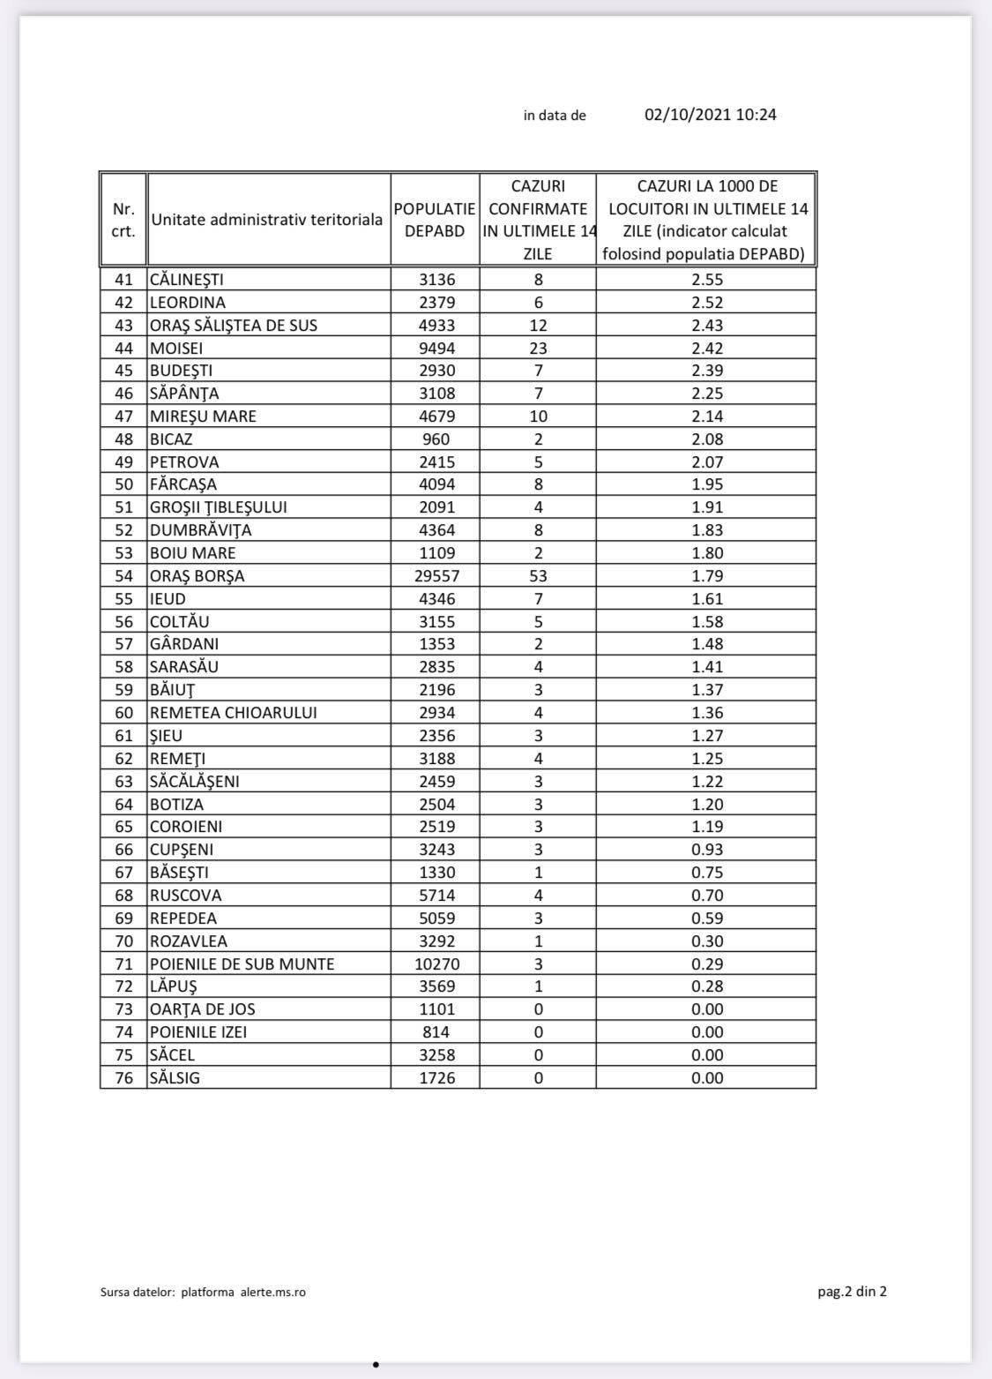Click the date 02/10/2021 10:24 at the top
710,115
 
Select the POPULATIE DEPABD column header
435,220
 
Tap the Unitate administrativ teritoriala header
267,220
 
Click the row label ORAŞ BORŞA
198,576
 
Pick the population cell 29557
436,576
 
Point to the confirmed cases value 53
538,576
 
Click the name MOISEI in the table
176,348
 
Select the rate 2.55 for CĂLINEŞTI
707,280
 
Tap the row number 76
123,1077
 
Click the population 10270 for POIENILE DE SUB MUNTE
436,963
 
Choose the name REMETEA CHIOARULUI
234,713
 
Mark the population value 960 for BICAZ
436,439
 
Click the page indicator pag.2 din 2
852,1292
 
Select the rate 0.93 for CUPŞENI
707,850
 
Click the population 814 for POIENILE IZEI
436,1032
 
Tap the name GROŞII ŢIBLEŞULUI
219,507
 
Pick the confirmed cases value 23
538,348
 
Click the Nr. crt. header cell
123,220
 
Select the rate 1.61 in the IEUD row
707,599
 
